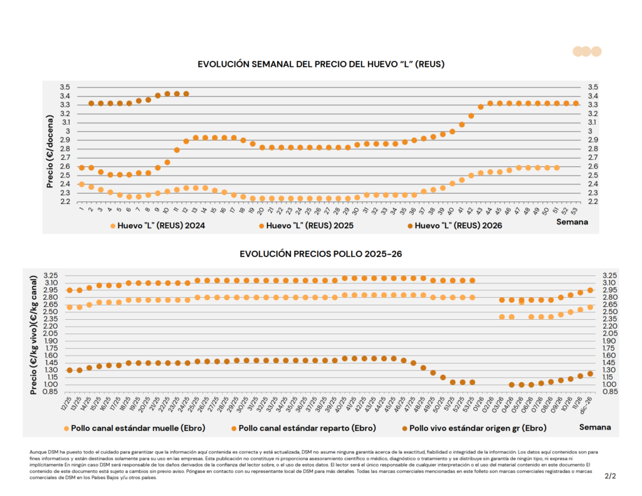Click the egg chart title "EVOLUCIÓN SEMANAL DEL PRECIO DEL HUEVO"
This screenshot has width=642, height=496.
[x=321, y=64]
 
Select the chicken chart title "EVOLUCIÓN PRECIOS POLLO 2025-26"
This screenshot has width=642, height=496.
[x=320, y=254]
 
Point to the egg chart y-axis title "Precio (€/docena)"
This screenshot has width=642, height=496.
[x=50, y=144]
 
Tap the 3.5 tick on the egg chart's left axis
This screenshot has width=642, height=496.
[x=65, y=87]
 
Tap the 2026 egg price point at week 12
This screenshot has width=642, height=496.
[x=186, y=93]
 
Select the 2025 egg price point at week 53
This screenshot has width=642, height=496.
[x=576, y=103]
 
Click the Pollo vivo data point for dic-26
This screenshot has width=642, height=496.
[x=590, y=374]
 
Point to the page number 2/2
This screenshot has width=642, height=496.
[x=610, y=476]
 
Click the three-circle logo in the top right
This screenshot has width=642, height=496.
[x=587, y=51]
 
